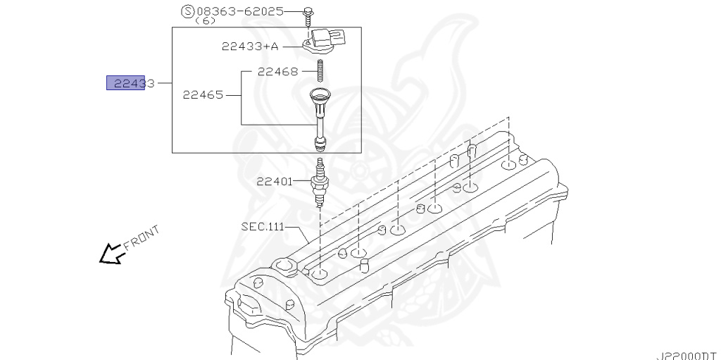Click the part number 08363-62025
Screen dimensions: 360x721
point(239,11)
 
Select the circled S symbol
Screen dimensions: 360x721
point(187,11)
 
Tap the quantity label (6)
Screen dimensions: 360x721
point(205,22)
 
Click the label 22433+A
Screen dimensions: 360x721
point(250,46)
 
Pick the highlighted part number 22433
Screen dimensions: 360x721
point(126,83)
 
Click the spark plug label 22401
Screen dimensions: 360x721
point(275,181)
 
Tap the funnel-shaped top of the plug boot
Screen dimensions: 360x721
point(320,97)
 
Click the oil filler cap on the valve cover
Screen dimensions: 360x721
point(284,267)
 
